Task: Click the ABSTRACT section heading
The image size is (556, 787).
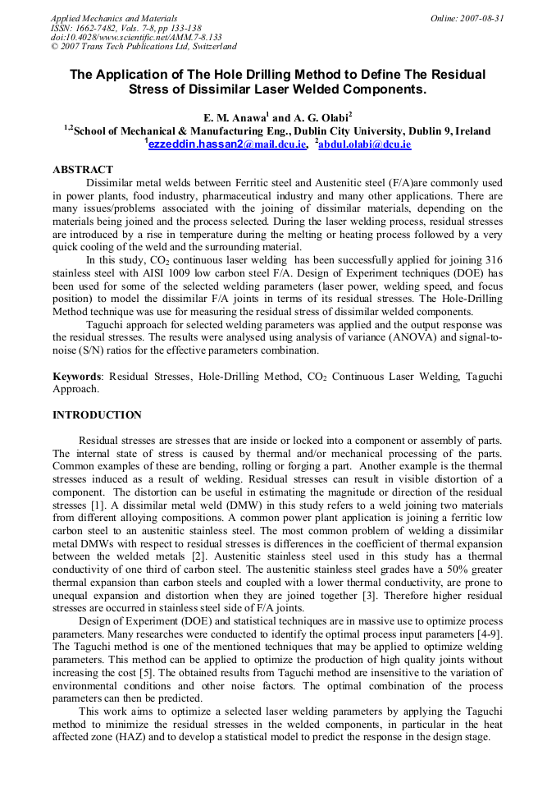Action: [x=83, y=170]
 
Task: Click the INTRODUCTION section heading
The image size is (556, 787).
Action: [x=97, y=415]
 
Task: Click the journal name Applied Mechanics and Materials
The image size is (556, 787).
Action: [x=114, y=18]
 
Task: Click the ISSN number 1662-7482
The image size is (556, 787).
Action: [x=100, y=28]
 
